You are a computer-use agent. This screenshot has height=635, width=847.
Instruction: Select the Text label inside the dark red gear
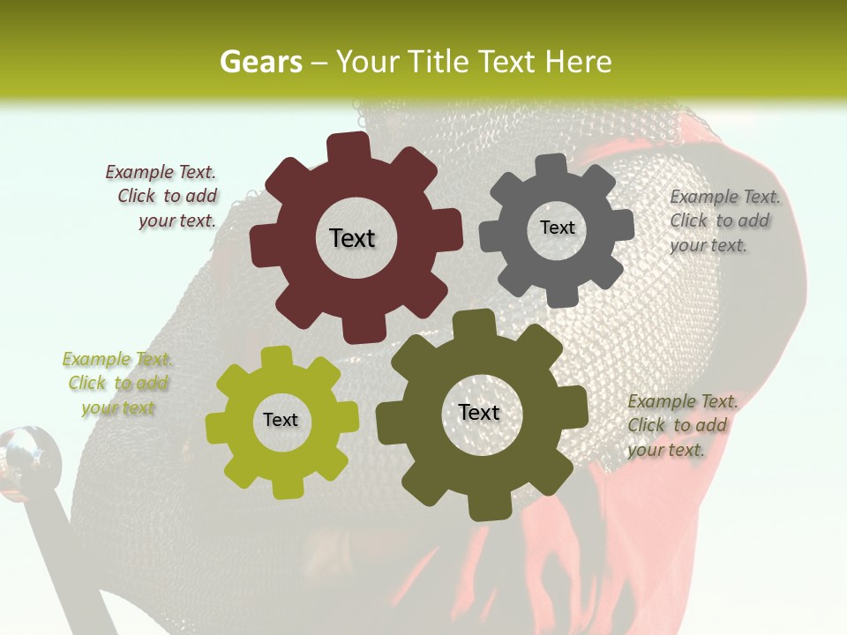tap(352, 238)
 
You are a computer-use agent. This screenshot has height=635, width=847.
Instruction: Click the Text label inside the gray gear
tap(557, 228)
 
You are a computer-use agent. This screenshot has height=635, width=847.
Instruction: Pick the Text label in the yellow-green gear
tap(281, 420)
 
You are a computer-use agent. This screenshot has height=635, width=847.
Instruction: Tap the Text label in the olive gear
tap(479, 412)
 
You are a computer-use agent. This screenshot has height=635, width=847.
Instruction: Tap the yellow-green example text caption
tap(117, 384)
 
